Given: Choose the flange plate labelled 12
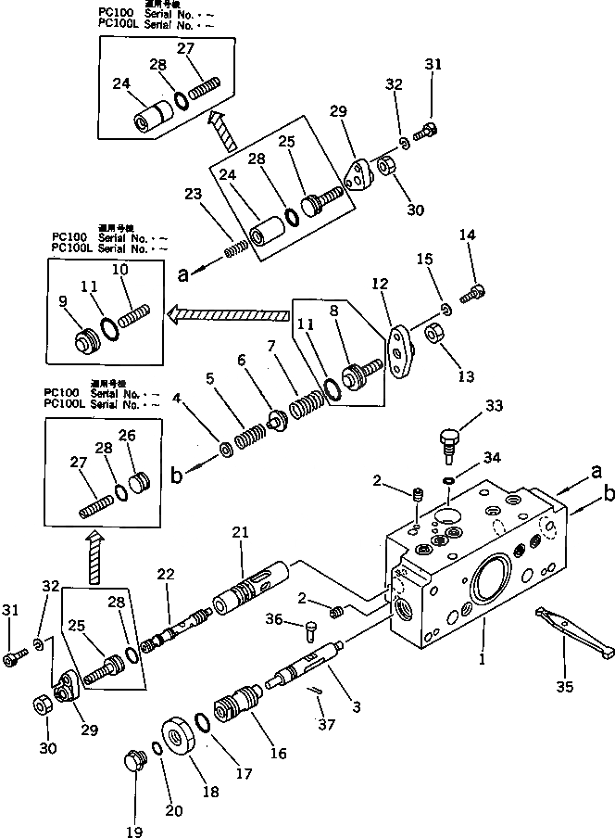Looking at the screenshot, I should coord(400,353).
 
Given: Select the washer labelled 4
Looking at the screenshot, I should coord(225,451).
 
